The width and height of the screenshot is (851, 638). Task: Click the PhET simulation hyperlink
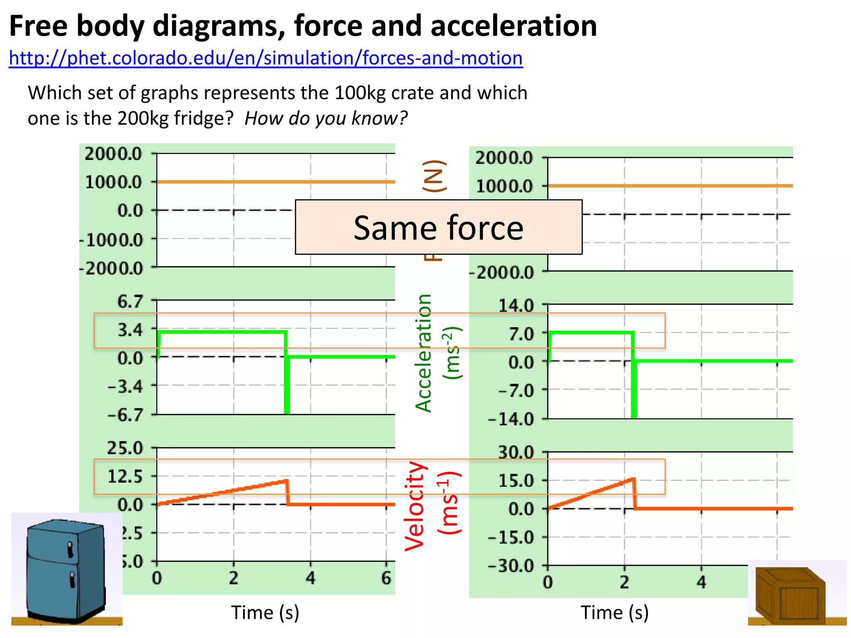pos(266,58)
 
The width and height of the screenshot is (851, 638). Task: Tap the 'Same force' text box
pos(438,227)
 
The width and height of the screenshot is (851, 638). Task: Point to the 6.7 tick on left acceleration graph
pos(130,301)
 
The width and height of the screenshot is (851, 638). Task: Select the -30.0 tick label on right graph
pos(511,566)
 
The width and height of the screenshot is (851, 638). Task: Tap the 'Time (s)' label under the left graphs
pos(265,613)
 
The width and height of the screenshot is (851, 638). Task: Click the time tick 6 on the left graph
pos(386,578)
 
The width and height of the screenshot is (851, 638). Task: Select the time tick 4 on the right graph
pos(701,582)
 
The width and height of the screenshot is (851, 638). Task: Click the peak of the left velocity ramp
pos(286,481)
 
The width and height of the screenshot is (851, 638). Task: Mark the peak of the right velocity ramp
pos(633,479)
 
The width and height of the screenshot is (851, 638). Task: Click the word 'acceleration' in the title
pos(514,26)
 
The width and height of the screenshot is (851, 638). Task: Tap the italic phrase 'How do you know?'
pos(326,118)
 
